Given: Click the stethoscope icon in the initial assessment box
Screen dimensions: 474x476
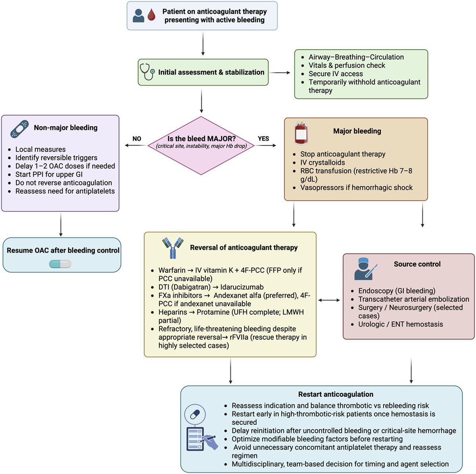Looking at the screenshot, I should pyautogui.click(x=147, y=72).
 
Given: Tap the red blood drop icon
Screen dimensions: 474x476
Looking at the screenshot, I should pyautogui.click(x=151, y=15).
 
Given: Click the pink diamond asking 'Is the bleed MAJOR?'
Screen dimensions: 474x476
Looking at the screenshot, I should pyautogui.click(x=202, y=145).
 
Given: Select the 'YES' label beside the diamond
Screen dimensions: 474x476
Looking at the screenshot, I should pyautogui.click(x=263, y=138).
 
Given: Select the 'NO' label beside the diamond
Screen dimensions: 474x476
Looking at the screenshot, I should pyautogui.click(x=137, y=138).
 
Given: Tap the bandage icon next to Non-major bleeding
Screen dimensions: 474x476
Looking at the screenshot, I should pyautogui.click(x=19, y=129).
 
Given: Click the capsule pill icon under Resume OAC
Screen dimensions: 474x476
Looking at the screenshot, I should pyautogui.click(x=60, y=264).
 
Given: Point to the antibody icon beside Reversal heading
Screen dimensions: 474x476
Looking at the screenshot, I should pyautogui.click(x=173, y=248).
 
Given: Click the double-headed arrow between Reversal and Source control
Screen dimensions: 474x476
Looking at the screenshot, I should pyautogui.click(x=329, y=300).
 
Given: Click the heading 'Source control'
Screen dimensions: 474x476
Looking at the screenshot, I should pyautogui.click(x=417, y=264).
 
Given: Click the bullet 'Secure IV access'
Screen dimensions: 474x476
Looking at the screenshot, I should pyautogui.click(x=336, y=74).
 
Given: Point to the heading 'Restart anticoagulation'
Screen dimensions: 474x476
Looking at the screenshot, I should pyautogui.click(x=336, y=394).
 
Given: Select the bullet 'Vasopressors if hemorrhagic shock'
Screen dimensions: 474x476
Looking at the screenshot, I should pyautogui.click(x=356, y=187).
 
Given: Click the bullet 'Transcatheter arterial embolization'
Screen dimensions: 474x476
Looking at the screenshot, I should pyautogui.click(x=413, y=299).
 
